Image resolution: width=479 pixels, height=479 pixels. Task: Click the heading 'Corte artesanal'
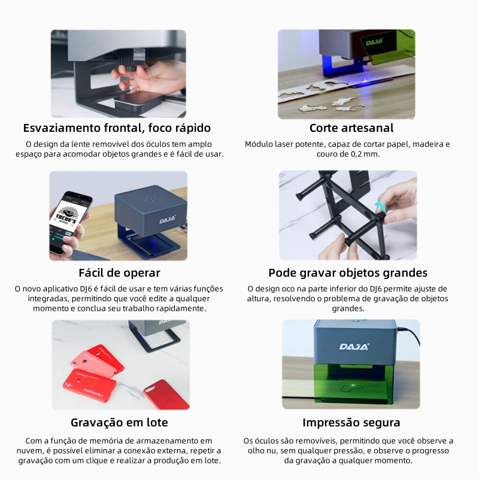tap(351, 128)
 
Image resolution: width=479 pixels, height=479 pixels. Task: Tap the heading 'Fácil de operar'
tap(119, 273)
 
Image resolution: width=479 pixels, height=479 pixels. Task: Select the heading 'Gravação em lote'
tap(119, 423)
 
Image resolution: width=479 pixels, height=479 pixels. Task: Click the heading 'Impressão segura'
tap(351, 423)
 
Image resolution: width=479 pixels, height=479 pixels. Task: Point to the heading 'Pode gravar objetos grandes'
tap(348, 273)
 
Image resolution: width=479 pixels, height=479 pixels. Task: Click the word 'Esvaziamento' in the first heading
tap(62, 128)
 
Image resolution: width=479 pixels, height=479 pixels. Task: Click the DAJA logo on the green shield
tap(375, 43)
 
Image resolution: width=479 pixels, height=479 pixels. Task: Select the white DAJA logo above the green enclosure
tap(354, 347)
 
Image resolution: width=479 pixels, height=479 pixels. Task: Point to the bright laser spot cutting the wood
tap(365, 80)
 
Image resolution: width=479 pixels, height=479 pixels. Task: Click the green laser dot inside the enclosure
tap(353, 385)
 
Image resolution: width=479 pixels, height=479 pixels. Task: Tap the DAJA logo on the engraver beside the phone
tap(168, 219)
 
